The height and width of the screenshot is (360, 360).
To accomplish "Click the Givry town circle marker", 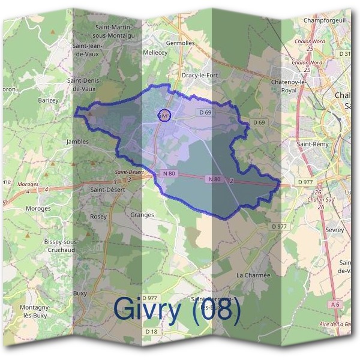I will click(x=164, y=115).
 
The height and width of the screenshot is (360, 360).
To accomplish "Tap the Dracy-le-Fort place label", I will click(x=197, y=76).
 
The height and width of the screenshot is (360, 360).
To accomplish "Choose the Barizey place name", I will click(x=48, y=100).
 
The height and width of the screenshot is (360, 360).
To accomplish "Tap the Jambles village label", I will click(x=77, y=142).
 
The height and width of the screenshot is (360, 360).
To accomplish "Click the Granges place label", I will click(x=142, y=215).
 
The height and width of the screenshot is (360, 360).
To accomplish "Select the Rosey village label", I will click(x=98, y=217).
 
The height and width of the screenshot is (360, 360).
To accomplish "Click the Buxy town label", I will click(x=80, y=293).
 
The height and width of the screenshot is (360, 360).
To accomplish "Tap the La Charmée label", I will click(x=253, y=275).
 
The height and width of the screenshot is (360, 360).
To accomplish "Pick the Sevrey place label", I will click(x=334, y=230).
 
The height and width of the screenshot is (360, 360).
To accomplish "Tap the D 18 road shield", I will click(x=151, y=331).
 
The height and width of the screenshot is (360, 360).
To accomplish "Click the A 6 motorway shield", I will click(x=335, y=305).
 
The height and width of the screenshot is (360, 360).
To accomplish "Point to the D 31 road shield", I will click(x=344, y=54).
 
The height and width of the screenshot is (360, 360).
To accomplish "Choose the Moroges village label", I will click(x=38, y=208).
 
